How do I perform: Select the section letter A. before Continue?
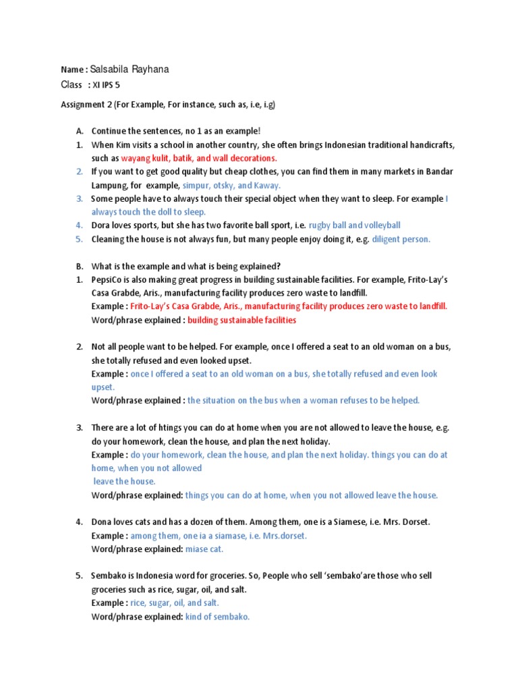80,131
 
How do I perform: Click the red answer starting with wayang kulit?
199,158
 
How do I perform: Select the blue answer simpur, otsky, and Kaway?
231,185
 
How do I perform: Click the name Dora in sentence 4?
102,225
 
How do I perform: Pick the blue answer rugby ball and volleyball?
354,225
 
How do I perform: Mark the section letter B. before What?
80,265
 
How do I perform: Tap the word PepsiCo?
108,279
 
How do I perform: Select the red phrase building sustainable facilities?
241,319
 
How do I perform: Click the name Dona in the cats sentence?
103,522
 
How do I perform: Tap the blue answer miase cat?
204,549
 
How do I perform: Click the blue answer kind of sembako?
217,616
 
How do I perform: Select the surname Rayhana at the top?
154,69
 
